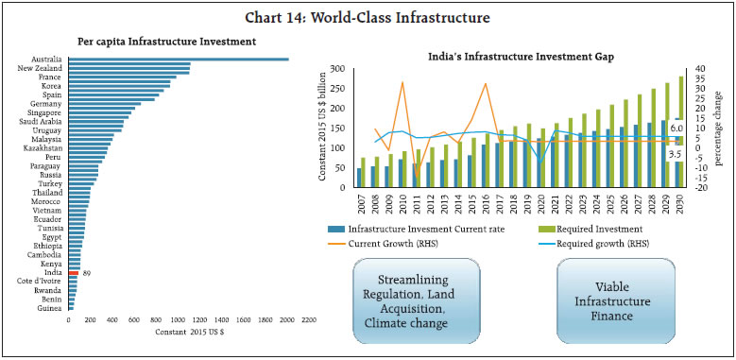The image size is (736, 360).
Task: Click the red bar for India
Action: coord(72,272)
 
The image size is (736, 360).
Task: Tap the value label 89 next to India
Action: coord(87,272)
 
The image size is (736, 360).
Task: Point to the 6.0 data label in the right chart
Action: coord(676,126)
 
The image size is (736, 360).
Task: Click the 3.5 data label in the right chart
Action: coord(675,153)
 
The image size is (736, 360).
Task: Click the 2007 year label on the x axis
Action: coord(360,205)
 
